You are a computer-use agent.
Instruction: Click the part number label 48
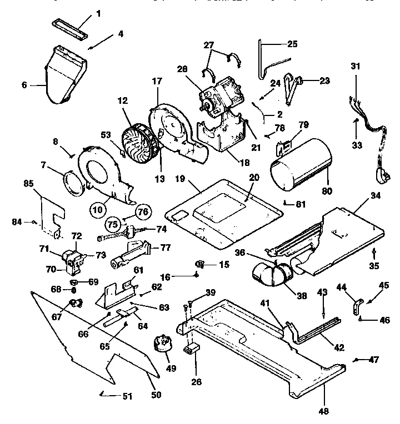[x=323, y=411]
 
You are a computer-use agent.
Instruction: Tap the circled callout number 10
[x=98, y=210]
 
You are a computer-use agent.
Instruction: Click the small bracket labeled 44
[x=356, y=304]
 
